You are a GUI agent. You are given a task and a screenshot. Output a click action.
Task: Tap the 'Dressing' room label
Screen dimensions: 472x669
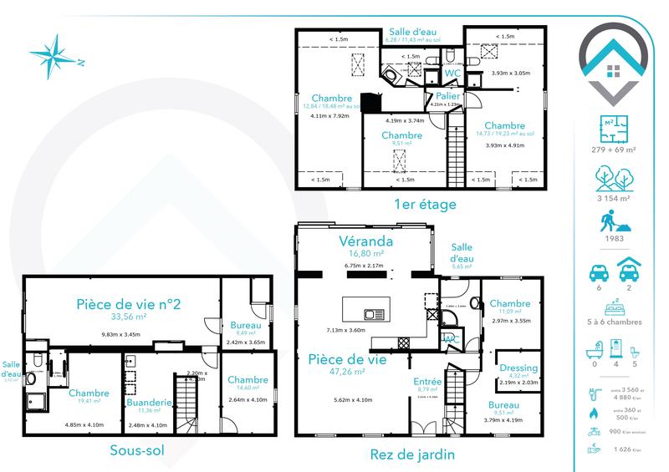pos(518,368)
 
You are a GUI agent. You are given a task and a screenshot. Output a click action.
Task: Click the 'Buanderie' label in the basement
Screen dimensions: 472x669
pos(149,401)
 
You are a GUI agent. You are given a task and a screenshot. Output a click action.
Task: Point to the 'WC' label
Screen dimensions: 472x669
pos(452,74)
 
